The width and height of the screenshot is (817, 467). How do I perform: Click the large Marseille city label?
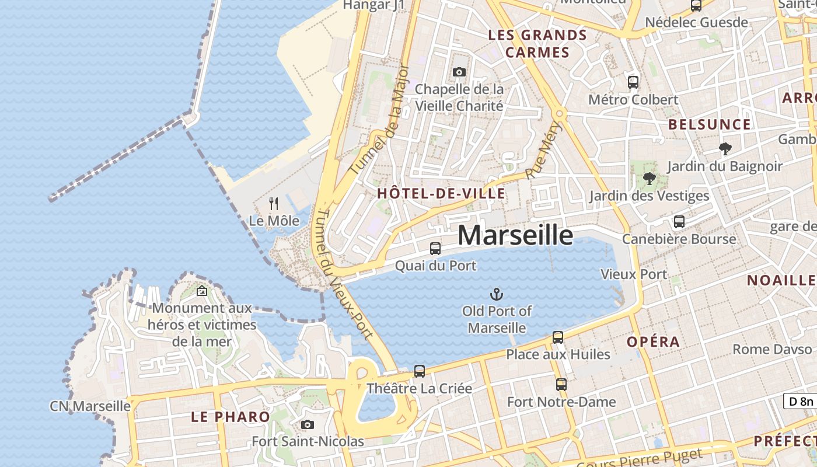click(x=515, y=235)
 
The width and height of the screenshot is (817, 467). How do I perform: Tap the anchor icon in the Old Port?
click(x=497, y=294)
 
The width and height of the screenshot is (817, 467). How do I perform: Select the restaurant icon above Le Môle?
click(x=274, y=203)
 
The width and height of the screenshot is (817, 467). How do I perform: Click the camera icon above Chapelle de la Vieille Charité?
click(x=459, y=72)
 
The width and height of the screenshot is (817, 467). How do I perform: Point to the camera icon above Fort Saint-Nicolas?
click(x=308, y=424)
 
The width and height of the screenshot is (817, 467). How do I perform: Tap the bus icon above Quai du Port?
click(x=435, y=248)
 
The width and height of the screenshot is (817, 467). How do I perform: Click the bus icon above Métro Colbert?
click(x=633, y=82)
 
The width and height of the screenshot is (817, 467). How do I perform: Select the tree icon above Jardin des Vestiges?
click(x=649, y=179)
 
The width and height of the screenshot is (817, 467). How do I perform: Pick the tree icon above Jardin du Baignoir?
click(x=725, y=149)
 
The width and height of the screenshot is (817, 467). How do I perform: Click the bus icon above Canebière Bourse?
click(x=679, y=222)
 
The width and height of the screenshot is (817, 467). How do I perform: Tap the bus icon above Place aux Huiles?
click(x=558, y=337)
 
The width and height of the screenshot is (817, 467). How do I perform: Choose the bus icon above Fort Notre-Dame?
click(x=561, y=385)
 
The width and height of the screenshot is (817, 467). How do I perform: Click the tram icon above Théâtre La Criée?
click(x=419, y=371)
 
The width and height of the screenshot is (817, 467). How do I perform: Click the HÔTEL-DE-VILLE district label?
click(x=441, y=193)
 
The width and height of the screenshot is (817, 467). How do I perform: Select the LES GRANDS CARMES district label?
click(x=537, y=44)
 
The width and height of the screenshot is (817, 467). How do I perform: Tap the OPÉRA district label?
click(x=653, y=341)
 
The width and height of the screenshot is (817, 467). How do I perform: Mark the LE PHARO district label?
click(x=231, y=417)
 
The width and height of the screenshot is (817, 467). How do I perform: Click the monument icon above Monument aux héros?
click(x=202, y=290)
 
